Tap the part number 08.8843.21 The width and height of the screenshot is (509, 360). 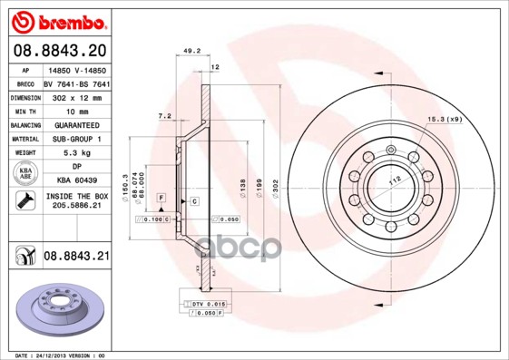click(x=76, y=258)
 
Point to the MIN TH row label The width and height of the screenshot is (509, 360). click(x=24, y=110)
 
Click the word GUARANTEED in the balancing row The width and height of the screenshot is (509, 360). click(x=76, y=124)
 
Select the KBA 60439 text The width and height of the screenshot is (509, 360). click(x=76, y=182)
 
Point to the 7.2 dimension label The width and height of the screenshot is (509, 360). click(x=164, y=116)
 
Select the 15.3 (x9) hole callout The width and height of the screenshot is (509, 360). click(x=445, y=120)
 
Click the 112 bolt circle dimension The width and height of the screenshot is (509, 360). click(x=395, y=180)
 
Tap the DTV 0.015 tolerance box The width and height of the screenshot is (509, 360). click(x=209, y=303)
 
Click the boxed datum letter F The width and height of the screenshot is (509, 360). click(x=161, y=197)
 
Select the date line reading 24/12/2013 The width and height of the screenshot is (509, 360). click(x=61, y=355)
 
